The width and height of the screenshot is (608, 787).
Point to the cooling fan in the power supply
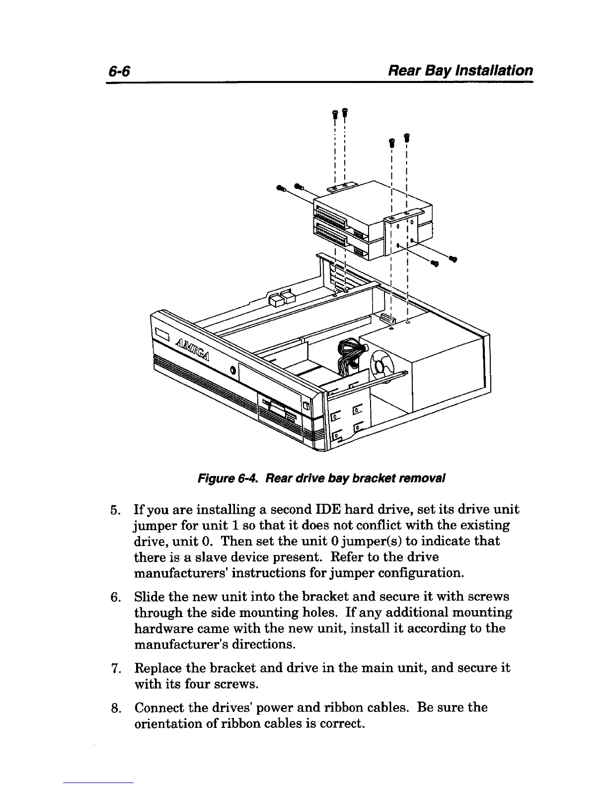[x=384, y=367]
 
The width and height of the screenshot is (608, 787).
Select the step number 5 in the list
[x=114, y=510]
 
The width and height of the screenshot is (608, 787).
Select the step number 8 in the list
[x=114, y=708]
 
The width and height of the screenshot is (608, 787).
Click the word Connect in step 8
[x=160, y=707]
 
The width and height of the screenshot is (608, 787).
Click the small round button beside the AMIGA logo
[x=233, y=370]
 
